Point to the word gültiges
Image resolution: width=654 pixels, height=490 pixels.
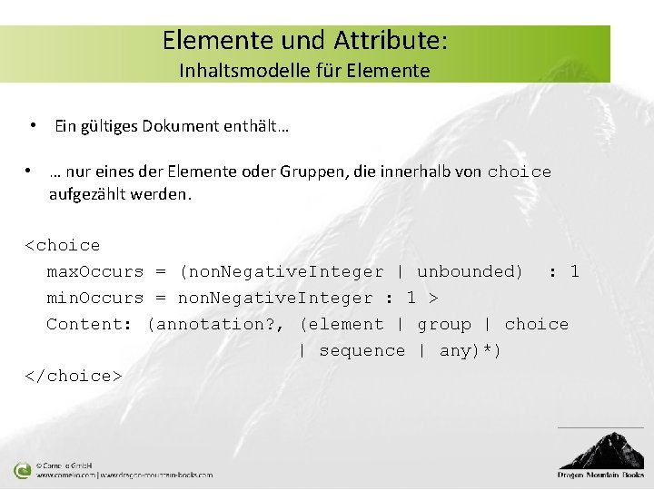(x=108, y=126)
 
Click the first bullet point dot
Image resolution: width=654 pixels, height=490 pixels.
(x=32, y=125)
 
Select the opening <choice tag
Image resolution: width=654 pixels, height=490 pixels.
(x=63, y=245)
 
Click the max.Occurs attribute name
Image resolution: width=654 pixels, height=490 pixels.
(x=95, y=271)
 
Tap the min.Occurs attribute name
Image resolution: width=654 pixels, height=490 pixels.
(x=95, y=298)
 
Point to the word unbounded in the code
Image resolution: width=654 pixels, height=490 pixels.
(x=470, y=271)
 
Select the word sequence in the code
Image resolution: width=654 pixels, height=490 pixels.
(x=362, y=350)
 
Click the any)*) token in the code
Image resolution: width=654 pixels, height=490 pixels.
(x=470, y=350)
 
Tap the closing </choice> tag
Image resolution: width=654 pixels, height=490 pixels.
(x=74, y=376)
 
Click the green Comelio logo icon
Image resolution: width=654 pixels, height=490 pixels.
(x=22, y=470)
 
